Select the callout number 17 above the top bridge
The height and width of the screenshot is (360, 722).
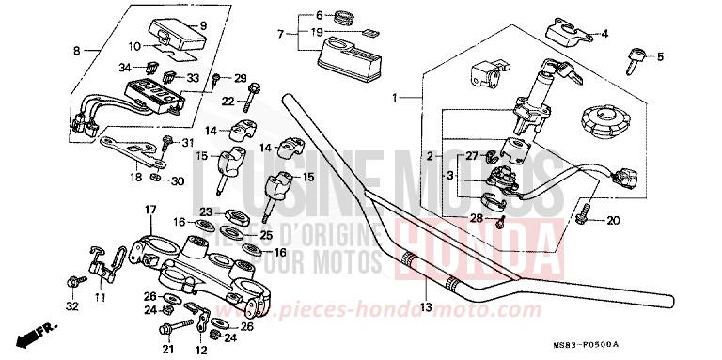point(149,208)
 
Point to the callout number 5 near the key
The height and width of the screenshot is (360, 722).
point(604,34)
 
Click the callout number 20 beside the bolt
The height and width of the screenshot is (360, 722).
point(659,57)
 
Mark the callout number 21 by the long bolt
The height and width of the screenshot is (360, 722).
point(169,346)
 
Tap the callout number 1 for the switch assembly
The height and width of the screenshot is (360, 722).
point(396,97)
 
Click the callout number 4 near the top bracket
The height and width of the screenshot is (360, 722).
point(604,34)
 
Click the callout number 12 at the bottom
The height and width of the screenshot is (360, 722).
point(200,350)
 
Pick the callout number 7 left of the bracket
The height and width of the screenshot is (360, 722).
point(280,34)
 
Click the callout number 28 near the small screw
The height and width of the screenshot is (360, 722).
point(477,219)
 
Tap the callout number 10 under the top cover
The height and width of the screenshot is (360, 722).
point(134,45)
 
